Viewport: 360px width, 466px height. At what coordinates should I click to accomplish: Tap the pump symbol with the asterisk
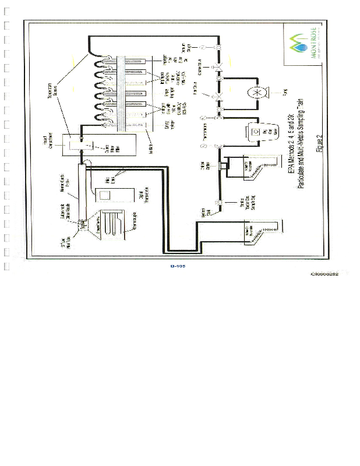pyautogui.click(x=256, y=93)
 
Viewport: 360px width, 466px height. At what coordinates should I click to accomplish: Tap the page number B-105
pyautogui.click(x=178, y=266)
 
